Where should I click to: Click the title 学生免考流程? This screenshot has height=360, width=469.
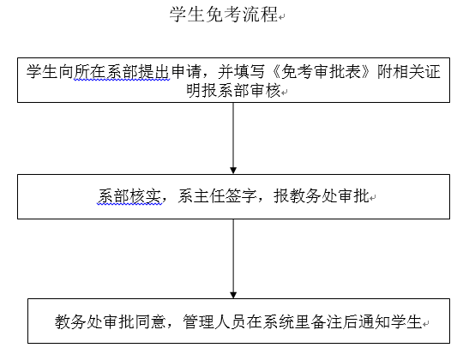[224, 14]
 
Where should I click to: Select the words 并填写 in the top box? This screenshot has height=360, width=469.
[242, 72]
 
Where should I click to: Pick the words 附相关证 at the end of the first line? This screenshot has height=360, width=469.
[409, 72]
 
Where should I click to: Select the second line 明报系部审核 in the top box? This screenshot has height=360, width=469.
[233, 90]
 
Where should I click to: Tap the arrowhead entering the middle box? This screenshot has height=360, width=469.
[233, 171]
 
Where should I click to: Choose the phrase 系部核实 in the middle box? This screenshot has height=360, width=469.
[129, 196]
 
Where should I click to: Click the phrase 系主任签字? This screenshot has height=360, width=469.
[217, 196]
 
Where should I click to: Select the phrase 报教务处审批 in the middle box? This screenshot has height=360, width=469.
[322, 196]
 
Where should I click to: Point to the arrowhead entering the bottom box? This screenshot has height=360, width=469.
[233, 295]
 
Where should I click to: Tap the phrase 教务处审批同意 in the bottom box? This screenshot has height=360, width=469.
[110, 321]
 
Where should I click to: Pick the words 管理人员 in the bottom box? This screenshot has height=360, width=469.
[214, 321]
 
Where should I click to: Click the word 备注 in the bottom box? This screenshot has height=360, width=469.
[327, 321]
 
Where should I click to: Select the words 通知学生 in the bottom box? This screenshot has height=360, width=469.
[390, 321]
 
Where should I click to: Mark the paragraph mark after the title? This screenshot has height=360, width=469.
[281, 17]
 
